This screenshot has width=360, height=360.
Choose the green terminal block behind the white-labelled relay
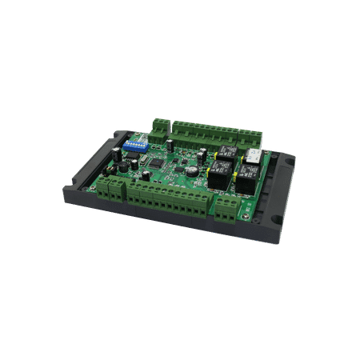coord(254,142)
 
